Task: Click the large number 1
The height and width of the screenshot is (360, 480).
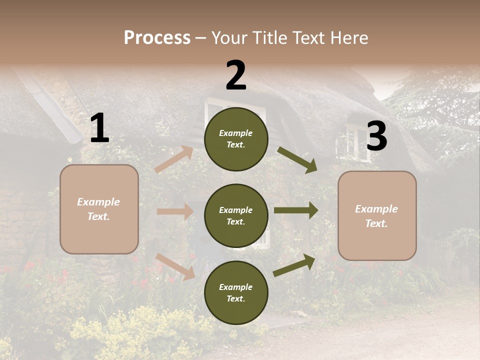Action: click(x=99, y=128)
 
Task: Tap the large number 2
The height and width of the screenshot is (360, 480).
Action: click(x=236, y=75)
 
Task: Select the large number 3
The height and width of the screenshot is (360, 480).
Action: click(x=376, y=136)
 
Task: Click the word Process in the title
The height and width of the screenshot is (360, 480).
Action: click(x=157, y=37)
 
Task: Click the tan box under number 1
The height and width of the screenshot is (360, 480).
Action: click(x=99, y=209)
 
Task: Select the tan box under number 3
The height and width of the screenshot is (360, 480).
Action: click(x=377, y=216)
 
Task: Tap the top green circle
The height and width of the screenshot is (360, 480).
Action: click(x=236, y=139)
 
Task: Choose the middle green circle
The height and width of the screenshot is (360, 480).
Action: click(x=236, y=216)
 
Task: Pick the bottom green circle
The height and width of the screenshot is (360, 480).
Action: click(x=236, y=292)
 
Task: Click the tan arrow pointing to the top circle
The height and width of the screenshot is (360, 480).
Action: click(x=174, y=159)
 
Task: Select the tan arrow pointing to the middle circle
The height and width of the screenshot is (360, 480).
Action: click(x=175, y=211)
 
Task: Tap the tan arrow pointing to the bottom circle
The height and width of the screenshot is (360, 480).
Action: click(x=175, y=266)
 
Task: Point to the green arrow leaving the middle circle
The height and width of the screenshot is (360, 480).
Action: click(x=296, y=210)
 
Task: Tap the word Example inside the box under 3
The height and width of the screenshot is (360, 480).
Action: click(x=376, y=209)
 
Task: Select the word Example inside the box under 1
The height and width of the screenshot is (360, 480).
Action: click(x=98, y=202)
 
